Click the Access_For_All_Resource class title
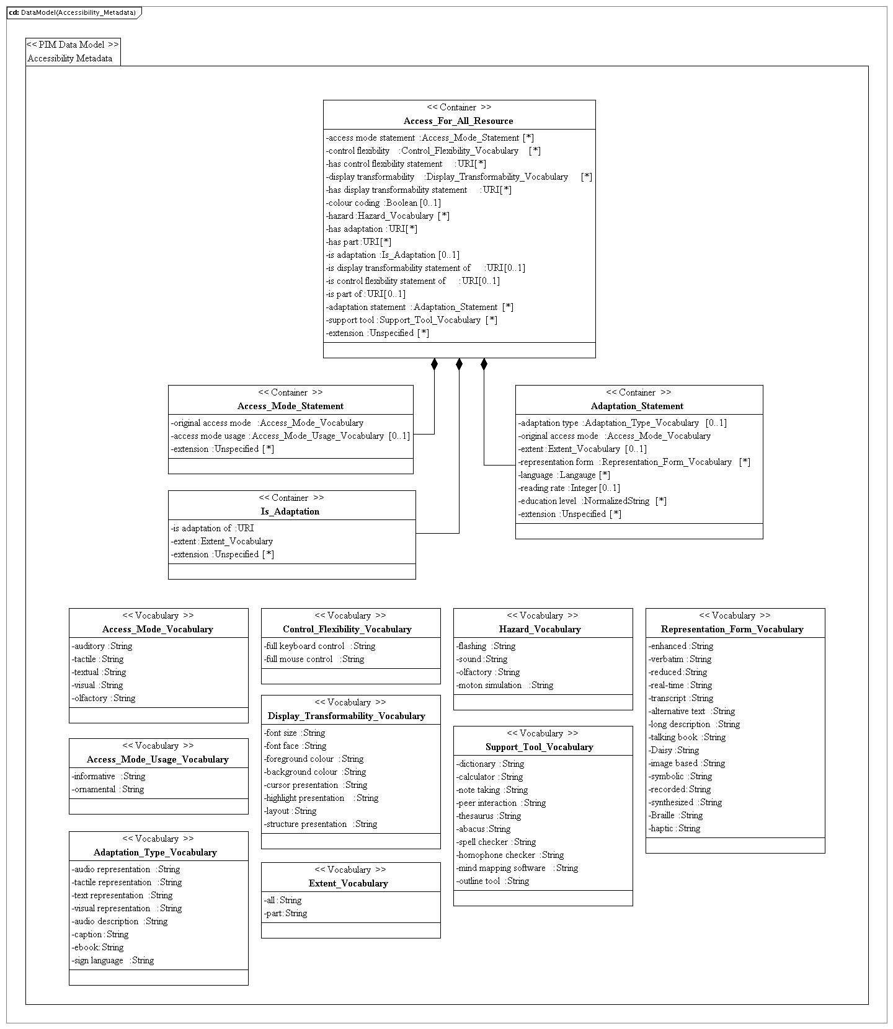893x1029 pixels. tap(458, 121)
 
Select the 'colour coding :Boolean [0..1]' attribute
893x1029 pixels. tap(383, 203)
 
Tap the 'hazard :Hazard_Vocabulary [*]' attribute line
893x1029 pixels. tap(388, 216)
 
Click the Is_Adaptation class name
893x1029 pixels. tap(290, 511)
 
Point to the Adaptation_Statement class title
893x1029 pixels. tap(637, 406)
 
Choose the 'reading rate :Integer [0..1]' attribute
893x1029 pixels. tap(569, 488)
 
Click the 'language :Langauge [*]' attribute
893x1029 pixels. tap(564, 475)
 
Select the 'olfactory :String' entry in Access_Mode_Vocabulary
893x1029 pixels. tap(104, 698)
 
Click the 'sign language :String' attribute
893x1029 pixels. tap(113, 960)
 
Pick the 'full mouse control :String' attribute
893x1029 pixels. tap(314, 659)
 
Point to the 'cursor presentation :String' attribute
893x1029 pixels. tap(316, 785)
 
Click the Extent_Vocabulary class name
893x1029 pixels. tap(349, 883)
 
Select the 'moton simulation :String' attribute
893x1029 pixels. tap(505, 685)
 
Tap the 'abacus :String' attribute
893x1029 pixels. tap(484, 829)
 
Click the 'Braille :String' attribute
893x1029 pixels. tap(675, 815)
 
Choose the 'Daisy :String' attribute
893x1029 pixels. tap(674, 750)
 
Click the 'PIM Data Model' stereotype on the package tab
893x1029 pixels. tap(73, 45)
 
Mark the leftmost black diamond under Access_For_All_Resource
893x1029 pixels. tap(434, 364)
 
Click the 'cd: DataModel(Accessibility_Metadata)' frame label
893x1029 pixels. tap(73, 12)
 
